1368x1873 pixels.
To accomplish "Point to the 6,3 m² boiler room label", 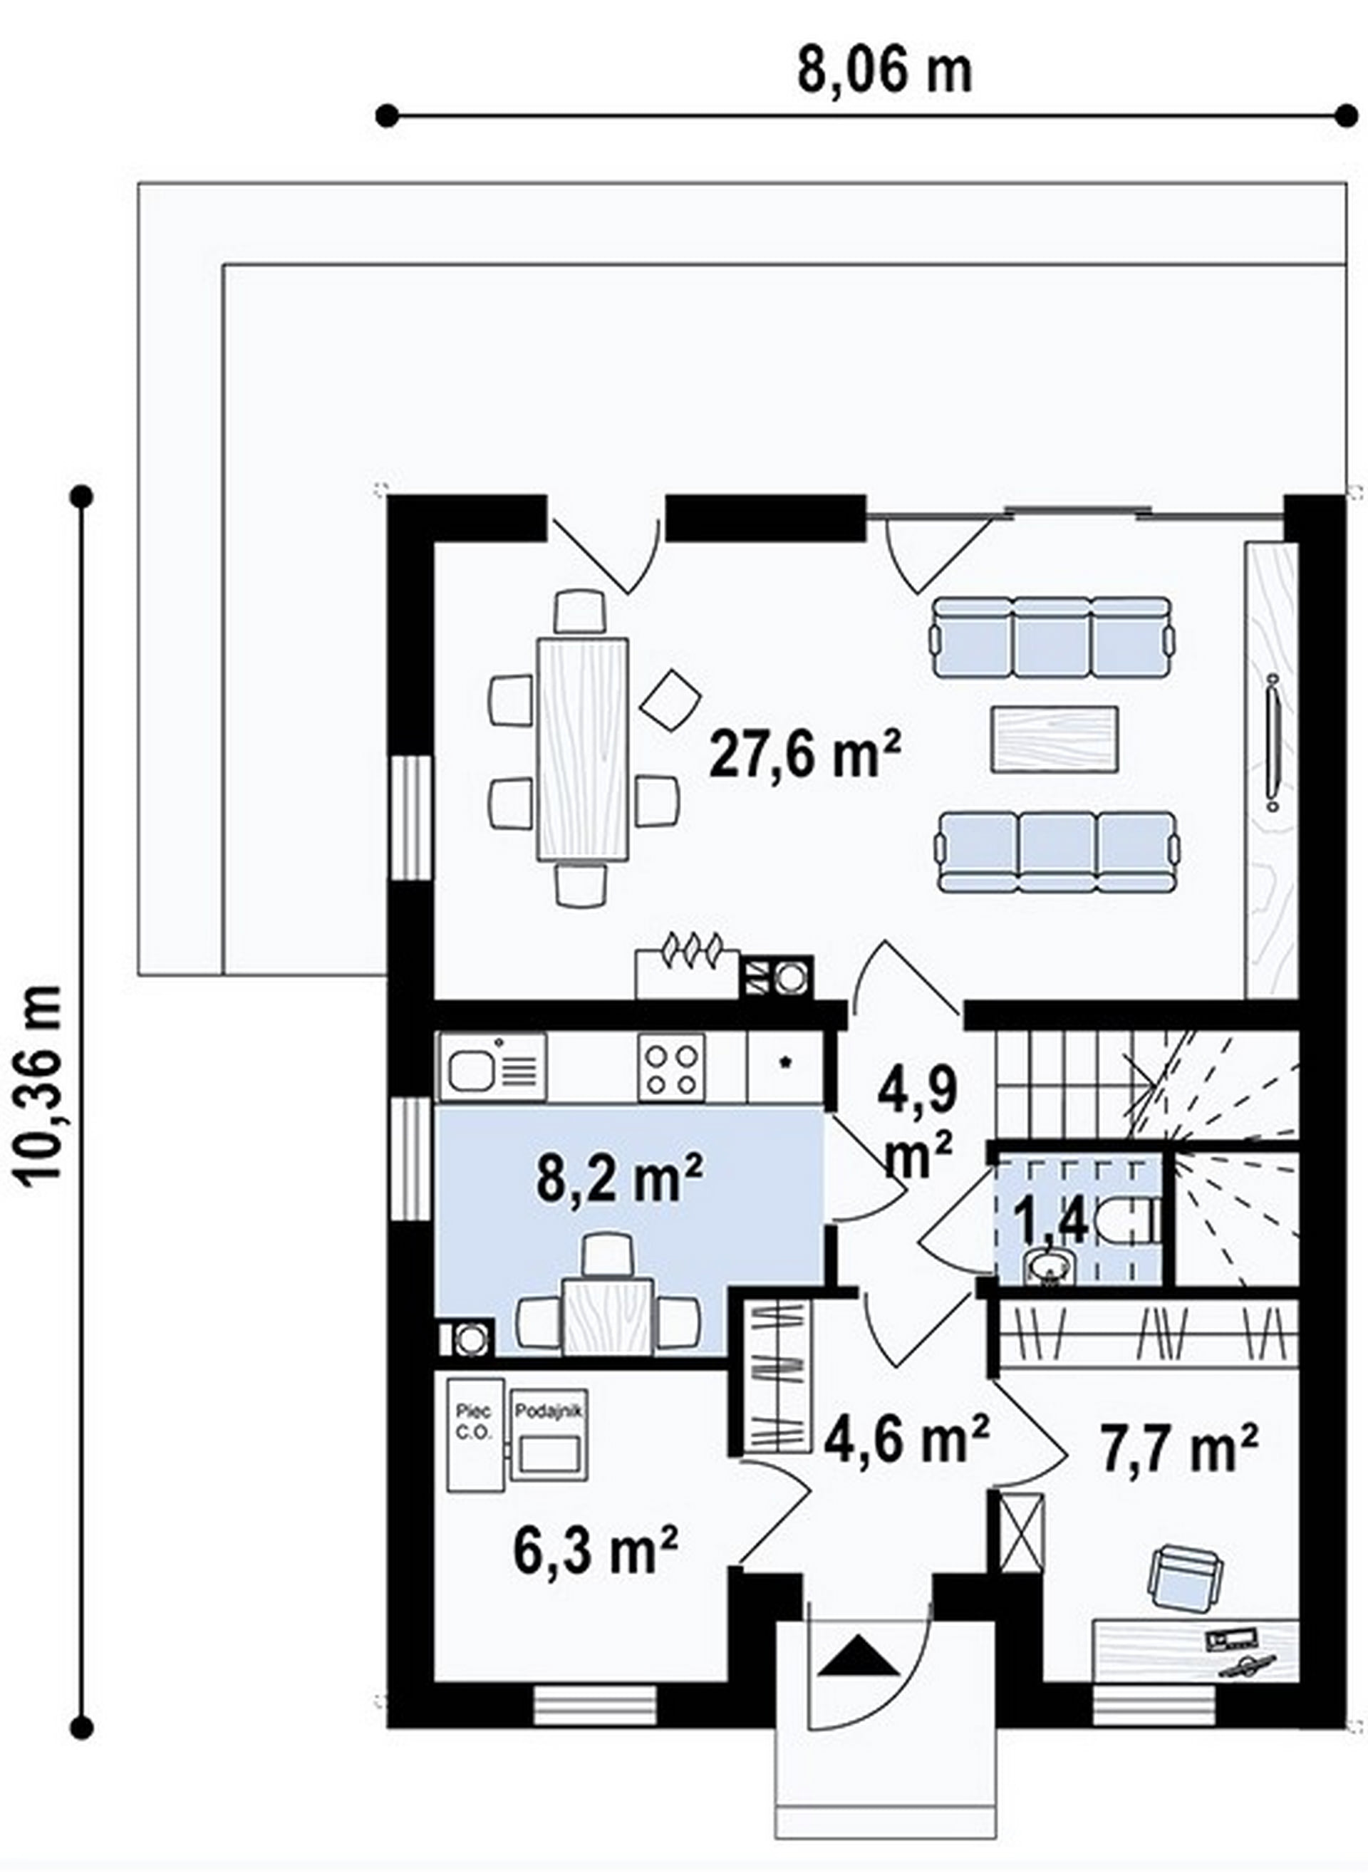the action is pos(596,1550).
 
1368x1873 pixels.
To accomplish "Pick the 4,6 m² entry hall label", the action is pos(907,1438).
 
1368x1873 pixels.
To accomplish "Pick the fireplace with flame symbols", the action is pos(686,973).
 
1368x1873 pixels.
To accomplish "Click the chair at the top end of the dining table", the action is pos(581,612).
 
